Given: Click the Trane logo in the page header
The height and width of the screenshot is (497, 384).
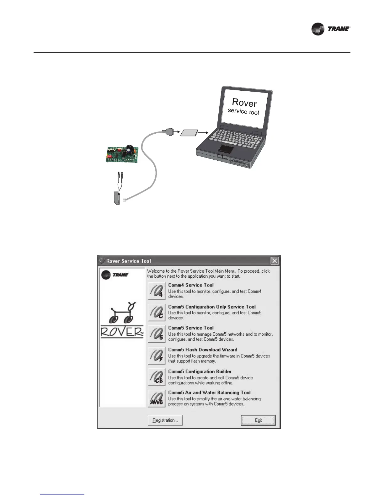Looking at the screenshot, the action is tap(330, 29).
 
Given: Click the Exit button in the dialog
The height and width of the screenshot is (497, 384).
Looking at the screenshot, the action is tap(258, 420).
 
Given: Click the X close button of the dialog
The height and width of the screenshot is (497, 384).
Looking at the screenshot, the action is tap(275, 261).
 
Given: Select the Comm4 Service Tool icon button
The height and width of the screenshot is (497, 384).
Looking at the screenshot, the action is tap(157, 291).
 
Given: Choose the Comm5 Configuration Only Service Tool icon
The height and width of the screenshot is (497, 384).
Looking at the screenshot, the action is tap(157, 313).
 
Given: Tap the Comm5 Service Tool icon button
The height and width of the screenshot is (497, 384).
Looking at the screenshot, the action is tap(157, 334).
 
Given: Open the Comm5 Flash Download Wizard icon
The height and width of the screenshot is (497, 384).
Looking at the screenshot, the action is tap(157, 355).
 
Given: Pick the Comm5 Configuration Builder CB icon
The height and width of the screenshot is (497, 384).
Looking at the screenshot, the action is tap(157, 377).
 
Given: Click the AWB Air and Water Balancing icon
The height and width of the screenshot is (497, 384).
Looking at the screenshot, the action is tap(157, 398).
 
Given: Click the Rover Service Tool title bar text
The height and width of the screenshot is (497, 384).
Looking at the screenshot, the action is tap(129, 261).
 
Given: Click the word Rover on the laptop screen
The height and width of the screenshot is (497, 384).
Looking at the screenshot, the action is tap(244, 102).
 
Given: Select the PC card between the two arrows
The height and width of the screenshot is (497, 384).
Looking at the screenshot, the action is tap(189, 133).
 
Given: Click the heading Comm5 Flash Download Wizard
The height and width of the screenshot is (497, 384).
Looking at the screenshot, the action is tap(203, 350).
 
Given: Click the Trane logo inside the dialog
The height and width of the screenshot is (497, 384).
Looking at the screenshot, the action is tap(115, 275).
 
